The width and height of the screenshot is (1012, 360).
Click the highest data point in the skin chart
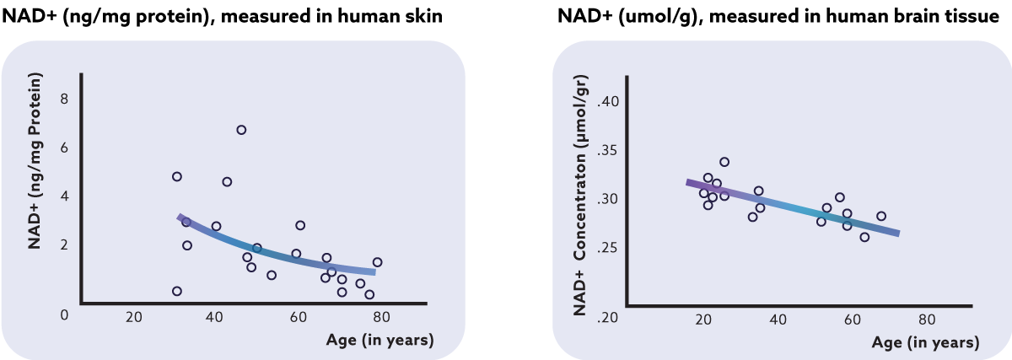241,130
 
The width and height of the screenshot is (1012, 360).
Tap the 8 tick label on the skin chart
64,99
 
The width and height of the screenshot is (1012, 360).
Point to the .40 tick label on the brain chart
608,102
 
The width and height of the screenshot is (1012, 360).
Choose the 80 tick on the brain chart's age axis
927,320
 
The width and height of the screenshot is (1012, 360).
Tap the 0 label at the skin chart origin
63,314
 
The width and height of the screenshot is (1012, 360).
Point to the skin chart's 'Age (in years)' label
380,340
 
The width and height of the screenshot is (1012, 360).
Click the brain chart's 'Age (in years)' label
926,343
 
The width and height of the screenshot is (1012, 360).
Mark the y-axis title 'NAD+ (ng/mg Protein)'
35,162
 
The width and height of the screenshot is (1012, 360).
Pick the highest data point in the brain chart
724,162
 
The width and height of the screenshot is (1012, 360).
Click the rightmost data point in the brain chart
881,216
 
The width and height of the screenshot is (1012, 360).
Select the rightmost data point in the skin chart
377,262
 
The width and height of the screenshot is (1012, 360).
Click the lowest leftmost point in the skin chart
177,291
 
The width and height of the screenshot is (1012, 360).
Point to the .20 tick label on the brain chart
608,317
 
